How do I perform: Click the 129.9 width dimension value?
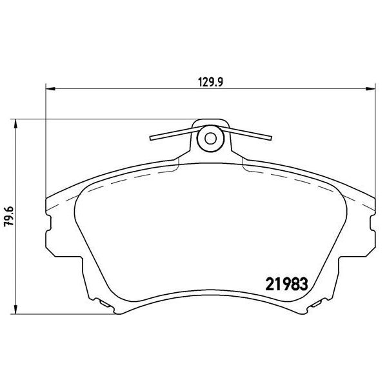[x=206, y=82]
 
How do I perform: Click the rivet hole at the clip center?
[x=209, y=138]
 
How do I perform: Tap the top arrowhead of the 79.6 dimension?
[x=15, y=123]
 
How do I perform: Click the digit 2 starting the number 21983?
[x=271, y=283]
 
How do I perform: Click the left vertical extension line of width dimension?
[x=45, y=142]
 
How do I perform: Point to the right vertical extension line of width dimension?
[x=373, y=142]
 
